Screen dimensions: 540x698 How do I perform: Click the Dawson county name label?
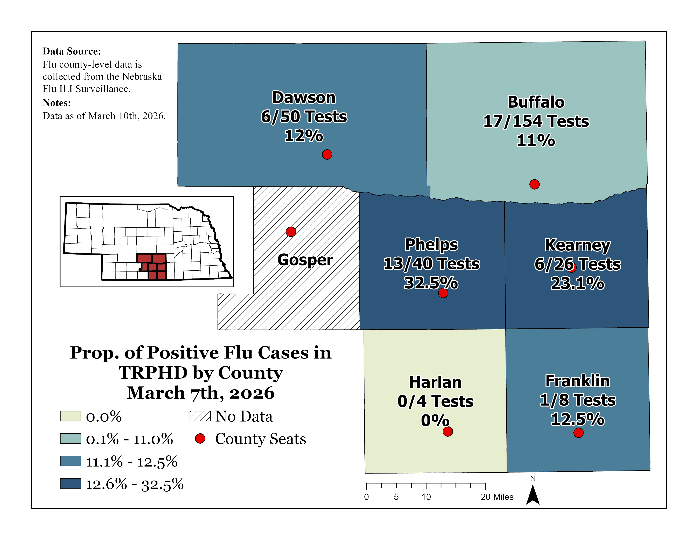[304, 98]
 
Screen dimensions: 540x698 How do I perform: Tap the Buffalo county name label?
[536, 102]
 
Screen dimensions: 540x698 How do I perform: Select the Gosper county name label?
[305, 260]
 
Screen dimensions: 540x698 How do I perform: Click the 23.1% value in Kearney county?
[577, 283]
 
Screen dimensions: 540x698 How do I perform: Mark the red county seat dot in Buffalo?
[534, 184]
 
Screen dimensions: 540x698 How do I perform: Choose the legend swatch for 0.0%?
[70, 416]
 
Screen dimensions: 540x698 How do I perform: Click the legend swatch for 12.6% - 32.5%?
[70, 483]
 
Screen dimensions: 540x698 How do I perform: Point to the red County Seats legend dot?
[200, 439]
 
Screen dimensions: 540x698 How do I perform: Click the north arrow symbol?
[533, 495]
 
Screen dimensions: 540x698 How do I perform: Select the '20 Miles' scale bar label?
[497, 497]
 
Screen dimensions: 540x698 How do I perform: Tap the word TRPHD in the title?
[153, 373]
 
